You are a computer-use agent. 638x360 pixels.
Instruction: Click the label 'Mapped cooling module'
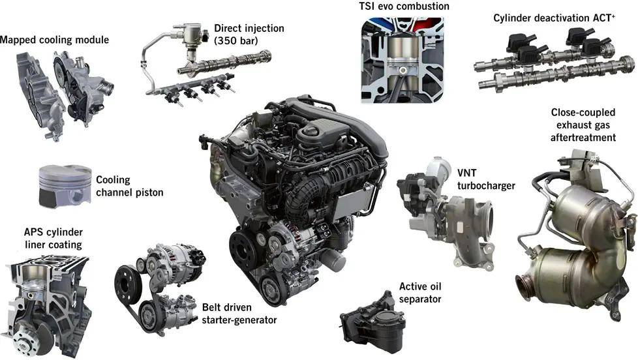point(54,40)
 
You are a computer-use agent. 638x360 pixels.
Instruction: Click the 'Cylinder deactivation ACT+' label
point(554,18)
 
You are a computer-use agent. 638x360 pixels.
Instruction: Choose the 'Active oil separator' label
point(421,293)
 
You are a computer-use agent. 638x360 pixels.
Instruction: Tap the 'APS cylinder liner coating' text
point(53,238)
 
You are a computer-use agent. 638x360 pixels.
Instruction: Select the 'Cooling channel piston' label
point(129,186)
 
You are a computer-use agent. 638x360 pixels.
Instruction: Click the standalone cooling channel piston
point(65,185)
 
